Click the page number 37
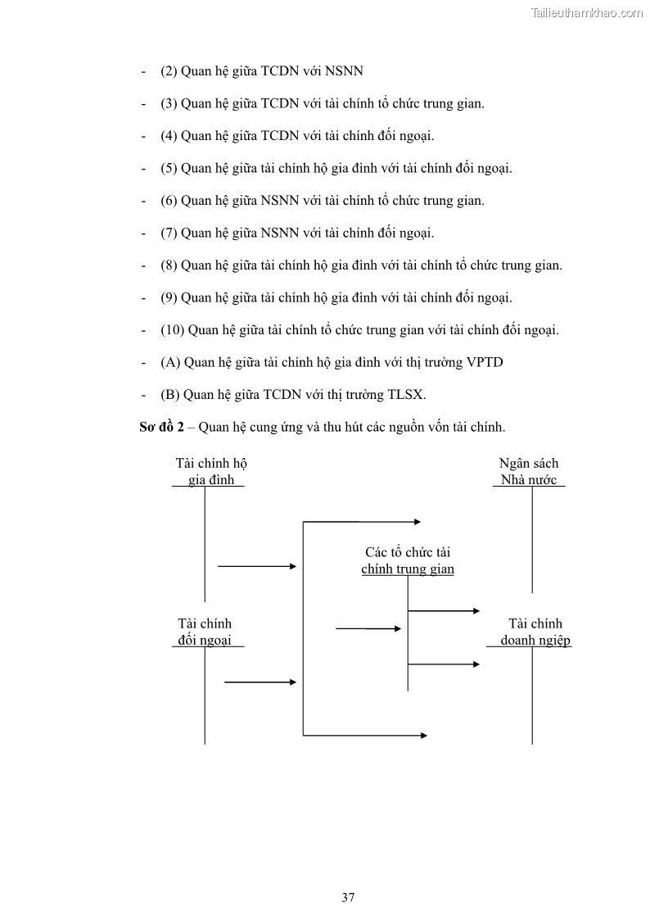tap(348, 897)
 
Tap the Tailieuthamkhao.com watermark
tap(586, 12)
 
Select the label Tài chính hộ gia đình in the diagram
tap(211, 472)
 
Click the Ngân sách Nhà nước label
tap(529, 472)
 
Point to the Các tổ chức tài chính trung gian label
tap(408, 560)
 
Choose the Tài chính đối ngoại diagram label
tap(205, 632)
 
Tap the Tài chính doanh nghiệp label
tap(535, 632)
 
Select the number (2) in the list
tap(169, 71)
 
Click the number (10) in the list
tap(173, 330)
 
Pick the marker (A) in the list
tap(170, 362)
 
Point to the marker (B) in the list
tap(170, 395)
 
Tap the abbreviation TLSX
tap(406, 395)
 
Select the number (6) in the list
tap(169, 201)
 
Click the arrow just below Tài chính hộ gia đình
tap(256, 565)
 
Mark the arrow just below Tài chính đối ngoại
tap(260, 682)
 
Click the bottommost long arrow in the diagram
tap(365, 735)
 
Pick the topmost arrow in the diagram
tap(362, 521)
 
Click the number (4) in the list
tap(169, 136)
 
